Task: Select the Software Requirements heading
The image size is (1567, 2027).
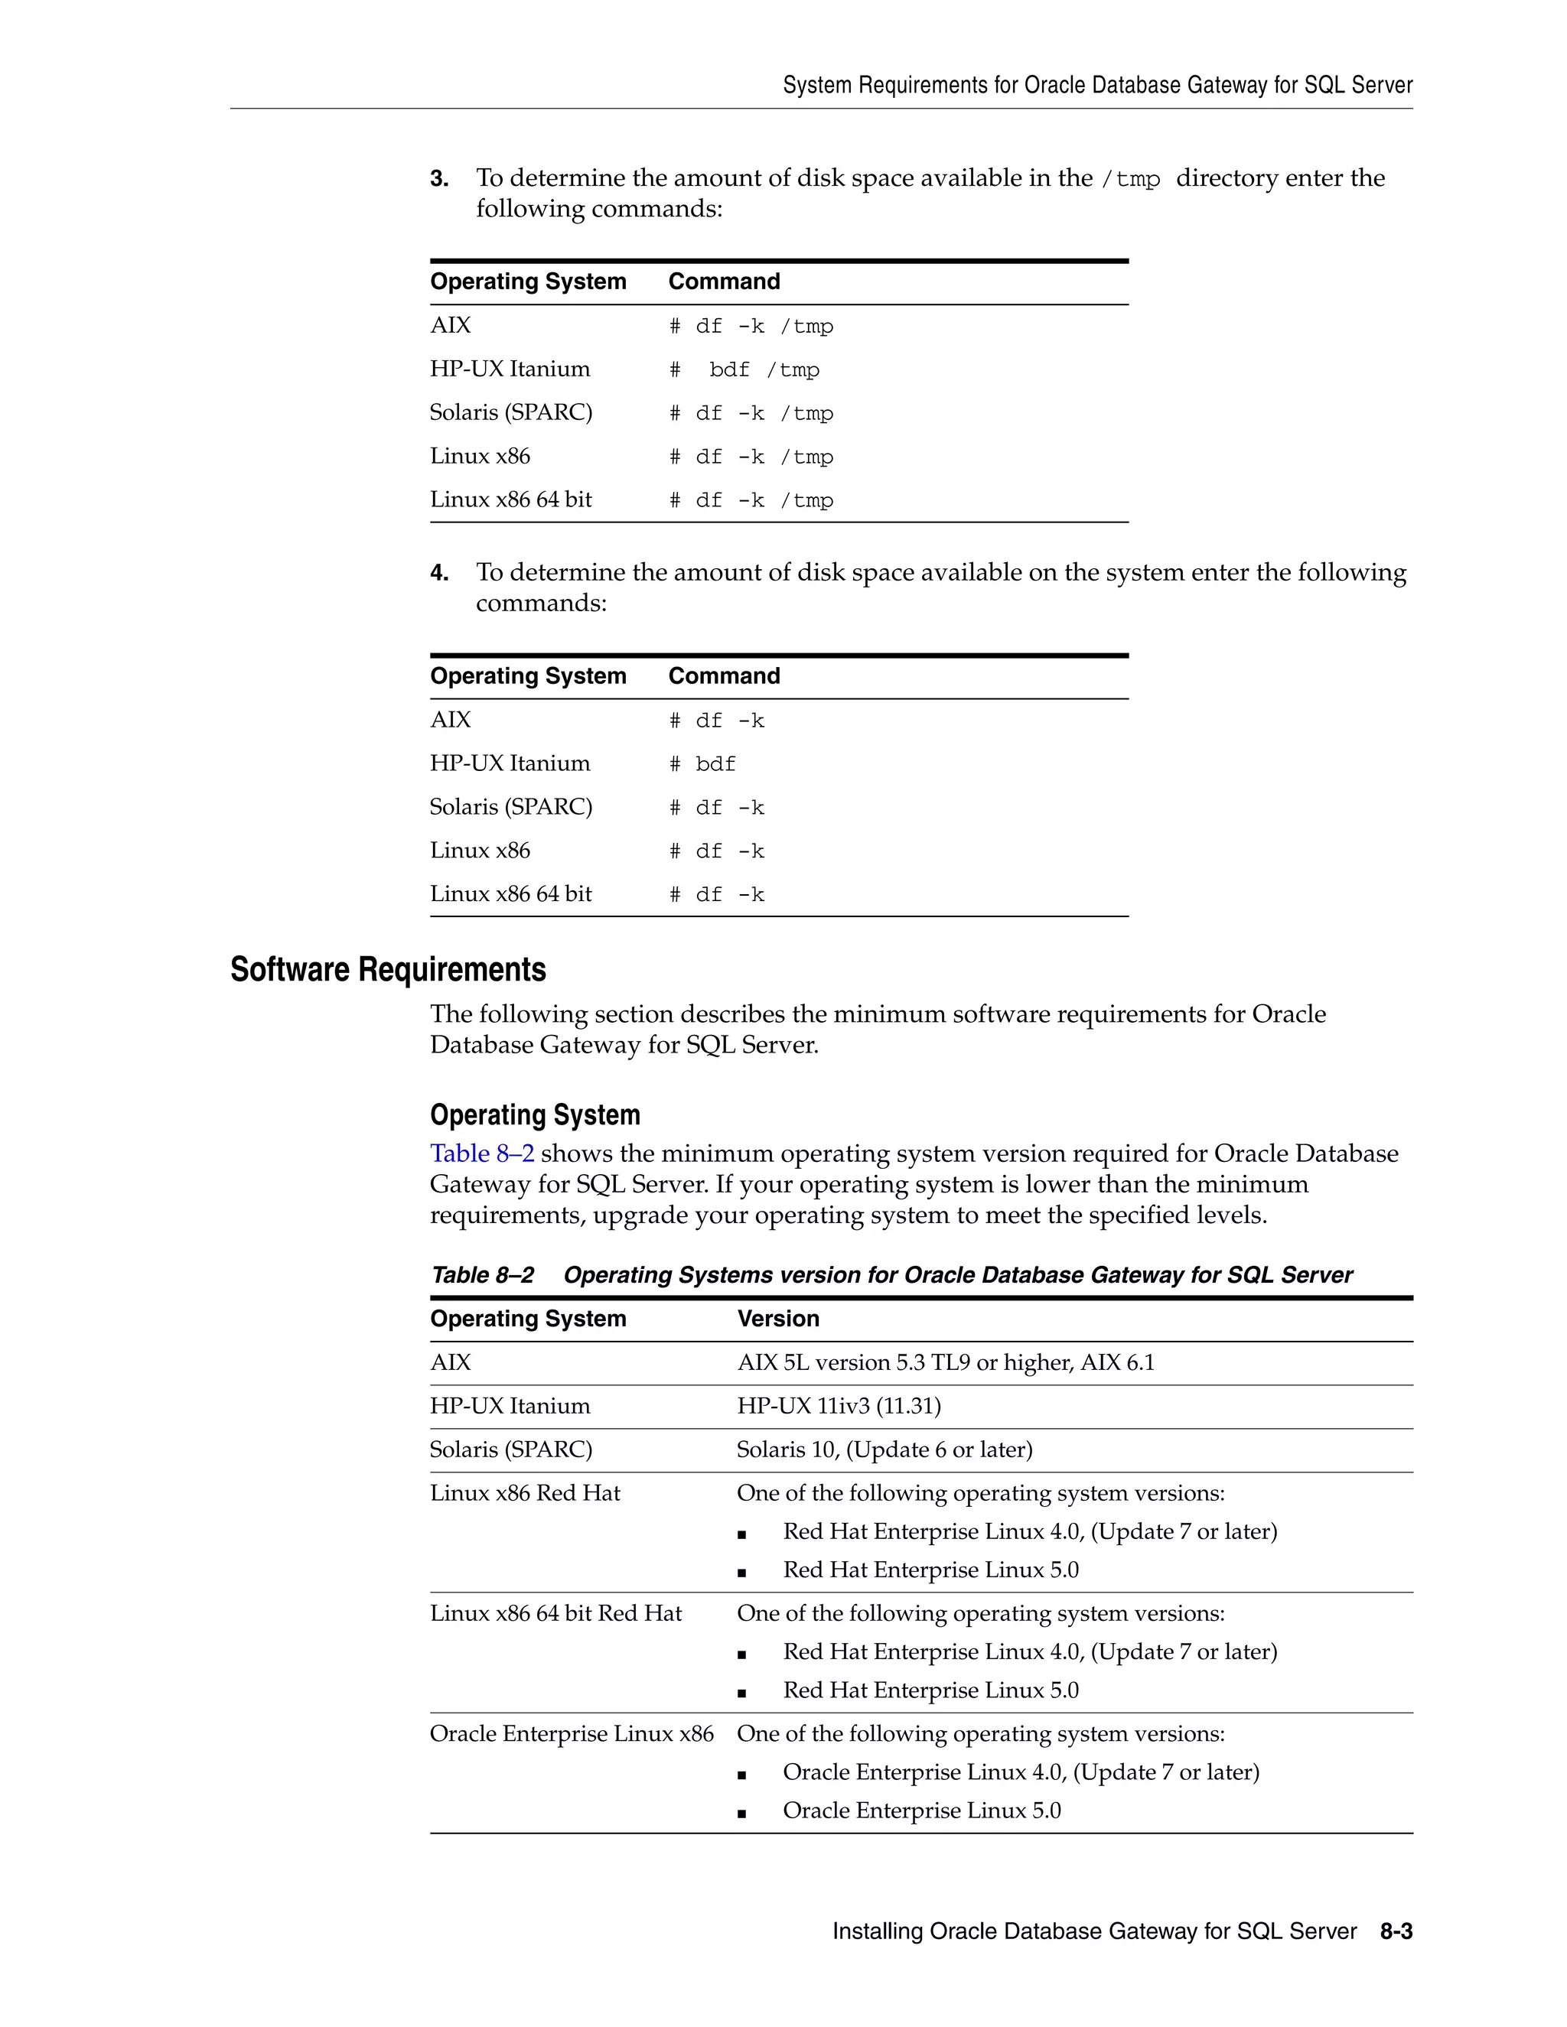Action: (x=388, y=969)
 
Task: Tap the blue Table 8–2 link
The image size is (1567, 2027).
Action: (x=482, y=1153)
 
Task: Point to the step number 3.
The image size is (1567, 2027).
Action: (x=439, y=178)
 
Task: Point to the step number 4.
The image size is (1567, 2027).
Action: (x=439, y=573)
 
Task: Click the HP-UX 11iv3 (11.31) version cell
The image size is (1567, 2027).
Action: (x=839, y=1406)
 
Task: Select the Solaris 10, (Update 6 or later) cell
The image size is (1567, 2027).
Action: (x=884, y=1449)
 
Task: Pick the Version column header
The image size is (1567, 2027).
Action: (x=778, y=1319)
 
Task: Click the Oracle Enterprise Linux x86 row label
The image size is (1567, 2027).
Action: (x=571, y=1734)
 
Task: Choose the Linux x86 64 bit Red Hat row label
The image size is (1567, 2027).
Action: (x=555, y=1613)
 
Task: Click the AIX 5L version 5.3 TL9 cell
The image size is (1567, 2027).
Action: (x=945, y=1362)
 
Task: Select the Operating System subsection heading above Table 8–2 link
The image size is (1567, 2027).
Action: (x=535, y=1114)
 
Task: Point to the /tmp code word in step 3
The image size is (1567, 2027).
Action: (x=1130, y=179)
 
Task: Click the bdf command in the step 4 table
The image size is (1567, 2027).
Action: (x=715, y=765)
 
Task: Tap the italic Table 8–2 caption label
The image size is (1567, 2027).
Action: (x=482, y=1275)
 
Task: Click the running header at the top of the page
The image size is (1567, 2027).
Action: (x=1097, y=86)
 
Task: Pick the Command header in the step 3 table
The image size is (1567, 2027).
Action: (x=724, y=281)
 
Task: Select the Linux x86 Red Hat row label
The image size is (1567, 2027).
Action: (x=524, y=1492)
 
